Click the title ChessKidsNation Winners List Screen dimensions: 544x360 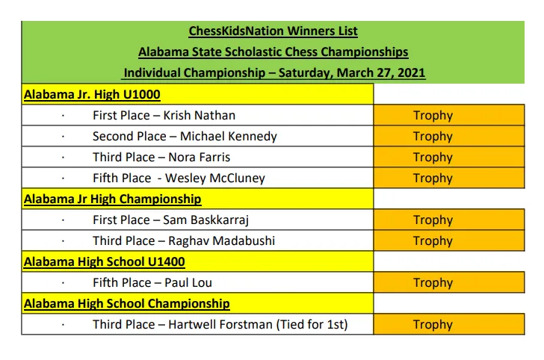click(273, 31)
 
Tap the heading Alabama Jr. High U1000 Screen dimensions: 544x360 click(92, 94)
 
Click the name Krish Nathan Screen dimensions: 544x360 click(199, 115)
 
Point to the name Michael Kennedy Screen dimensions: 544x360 click(229, 136)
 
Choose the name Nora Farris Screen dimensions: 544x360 click(199, 157)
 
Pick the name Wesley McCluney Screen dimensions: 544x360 click(215, 179)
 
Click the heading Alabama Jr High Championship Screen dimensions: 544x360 click(112, 199)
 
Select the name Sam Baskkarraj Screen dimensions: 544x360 click(206, 220)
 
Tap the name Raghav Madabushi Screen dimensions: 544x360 click(222, 240)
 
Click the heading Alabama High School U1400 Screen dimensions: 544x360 click(104, 262)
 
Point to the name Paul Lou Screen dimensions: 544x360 click(188, 282)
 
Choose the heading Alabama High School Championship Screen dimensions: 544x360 click(126, 304)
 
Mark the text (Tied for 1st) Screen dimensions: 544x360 click(312, 325)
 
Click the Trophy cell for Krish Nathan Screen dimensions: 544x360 click(449, 115)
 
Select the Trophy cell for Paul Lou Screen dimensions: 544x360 click(449, 282)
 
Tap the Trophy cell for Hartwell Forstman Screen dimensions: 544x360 click(449, 325)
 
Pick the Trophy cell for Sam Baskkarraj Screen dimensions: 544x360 click(449, 220)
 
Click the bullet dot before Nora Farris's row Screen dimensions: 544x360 click(63, 158)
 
